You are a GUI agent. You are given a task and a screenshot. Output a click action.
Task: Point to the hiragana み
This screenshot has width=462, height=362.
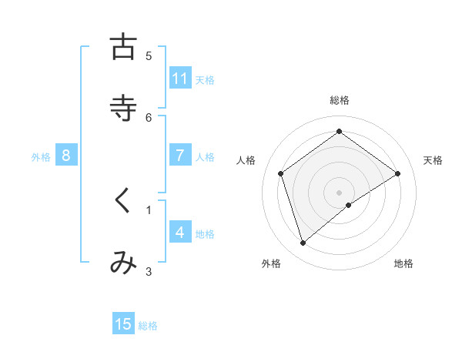(123, 263)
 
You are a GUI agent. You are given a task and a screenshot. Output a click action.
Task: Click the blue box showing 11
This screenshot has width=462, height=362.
(180, 79)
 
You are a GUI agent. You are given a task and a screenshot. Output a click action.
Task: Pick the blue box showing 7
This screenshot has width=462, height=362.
(180, 156)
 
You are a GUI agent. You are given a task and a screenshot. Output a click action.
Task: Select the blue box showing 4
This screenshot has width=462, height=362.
(180, 233)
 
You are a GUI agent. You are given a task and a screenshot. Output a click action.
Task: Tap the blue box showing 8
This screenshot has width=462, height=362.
(66, 156)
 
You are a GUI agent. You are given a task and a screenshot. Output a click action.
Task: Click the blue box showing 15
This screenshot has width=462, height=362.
(123, 324)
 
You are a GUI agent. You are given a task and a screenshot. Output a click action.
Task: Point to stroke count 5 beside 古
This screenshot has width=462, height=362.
(149, 55)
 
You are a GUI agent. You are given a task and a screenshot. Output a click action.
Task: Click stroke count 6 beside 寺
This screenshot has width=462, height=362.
(149, 117)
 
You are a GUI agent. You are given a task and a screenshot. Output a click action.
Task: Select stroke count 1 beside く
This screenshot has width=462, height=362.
(149, 209)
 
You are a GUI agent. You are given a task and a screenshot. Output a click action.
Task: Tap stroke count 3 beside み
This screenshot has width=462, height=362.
(149, 271)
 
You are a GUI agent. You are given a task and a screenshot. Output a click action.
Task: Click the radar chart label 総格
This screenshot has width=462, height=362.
(340, 100)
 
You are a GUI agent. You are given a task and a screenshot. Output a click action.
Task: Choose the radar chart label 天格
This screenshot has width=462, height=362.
(433, 160)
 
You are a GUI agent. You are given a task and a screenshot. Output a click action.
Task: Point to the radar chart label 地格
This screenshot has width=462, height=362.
(403, 263)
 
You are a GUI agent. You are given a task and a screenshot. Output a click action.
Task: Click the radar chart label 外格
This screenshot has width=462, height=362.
(271, 263)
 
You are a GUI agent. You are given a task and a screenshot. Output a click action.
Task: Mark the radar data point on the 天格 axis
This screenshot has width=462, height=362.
(398, 173)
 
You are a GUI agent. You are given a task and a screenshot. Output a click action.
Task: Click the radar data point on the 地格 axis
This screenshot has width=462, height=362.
(349, 205)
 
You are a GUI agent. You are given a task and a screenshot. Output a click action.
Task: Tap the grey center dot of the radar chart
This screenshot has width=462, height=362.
(340, 192)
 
